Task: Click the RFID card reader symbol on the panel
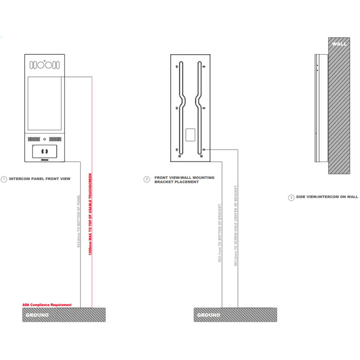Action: [45, 152]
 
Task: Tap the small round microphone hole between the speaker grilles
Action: [45, 139]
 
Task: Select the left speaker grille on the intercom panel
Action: [33, 139]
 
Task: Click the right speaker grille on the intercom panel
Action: [55, 139]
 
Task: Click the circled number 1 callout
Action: [4, 179]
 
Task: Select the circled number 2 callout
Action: [147, 179]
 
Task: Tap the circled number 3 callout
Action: [291, 197]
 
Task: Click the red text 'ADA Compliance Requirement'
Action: [47, 305]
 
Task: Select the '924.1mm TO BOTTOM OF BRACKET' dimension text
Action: [220, 233]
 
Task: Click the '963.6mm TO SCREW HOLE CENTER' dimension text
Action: [236, 226]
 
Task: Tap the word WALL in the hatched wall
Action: [339, 44]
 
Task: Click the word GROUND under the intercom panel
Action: [37, 315]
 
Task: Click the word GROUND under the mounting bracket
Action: [208, 315]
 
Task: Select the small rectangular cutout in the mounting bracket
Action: [190, 135]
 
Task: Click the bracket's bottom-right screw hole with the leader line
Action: [204, 150]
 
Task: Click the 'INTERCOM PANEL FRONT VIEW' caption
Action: [39, 179]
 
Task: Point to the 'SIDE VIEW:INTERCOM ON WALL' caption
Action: [327, 197]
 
